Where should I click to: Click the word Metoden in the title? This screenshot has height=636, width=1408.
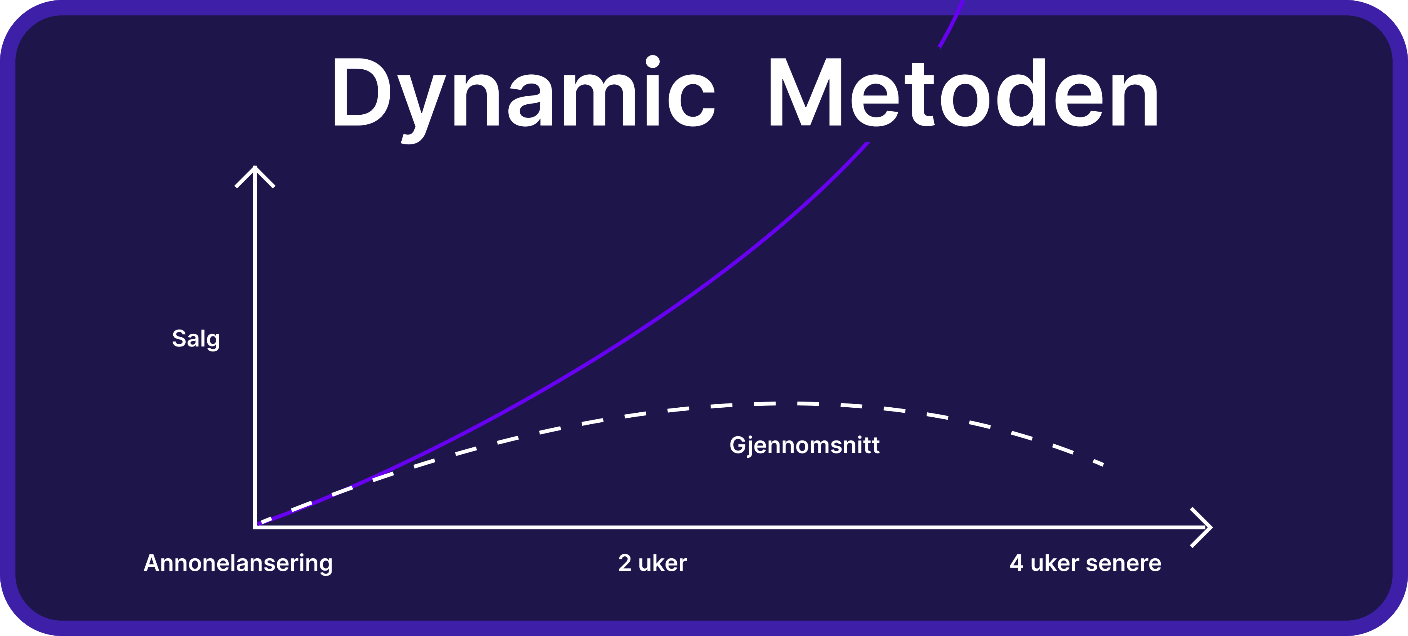point(963,92)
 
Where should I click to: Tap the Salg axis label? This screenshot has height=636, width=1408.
point(196,339)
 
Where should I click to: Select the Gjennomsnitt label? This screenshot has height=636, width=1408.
point(804,446)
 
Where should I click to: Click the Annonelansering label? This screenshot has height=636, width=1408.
point(238,563)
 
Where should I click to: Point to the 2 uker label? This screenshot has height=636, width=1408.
point(652,563)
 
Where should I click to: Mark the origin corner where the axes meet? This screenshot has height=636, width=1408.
point(255,527)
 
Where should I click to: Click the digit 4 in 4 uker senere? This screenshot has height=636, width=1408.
point(1016,563)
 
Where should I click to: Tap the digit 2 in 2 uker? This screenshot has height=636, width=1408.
point(625,563)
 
